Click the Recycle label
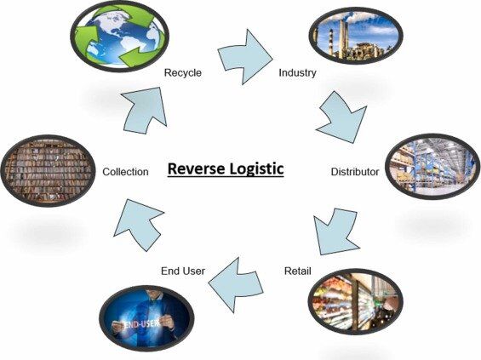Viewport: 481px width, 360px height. pyautogui.click(x=182, y=73)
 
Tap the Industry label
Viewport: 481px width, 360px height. pyautogui.click(x=297, y=73)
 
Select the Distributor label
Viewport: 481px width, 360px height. pyautogui.click(x=354, y=172)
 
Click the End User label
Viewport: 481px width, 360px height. pyautogui.click(x=182, y=271)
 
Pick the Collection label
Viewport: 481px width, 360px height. pyautogui.click(x=125, y=172)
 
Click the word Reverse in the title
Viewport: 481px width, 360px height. pyautogui.click(x=198, y=168)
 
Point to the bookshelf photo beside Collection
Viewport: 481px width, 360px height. pyautogui.click(x=46, y=169)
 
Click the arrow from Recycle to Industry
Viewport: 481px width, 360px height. pyautogui.click(x=245, y=54)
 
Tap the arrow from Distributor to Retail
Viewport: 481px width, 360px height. pyautogui.click(x=333, y=229)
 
